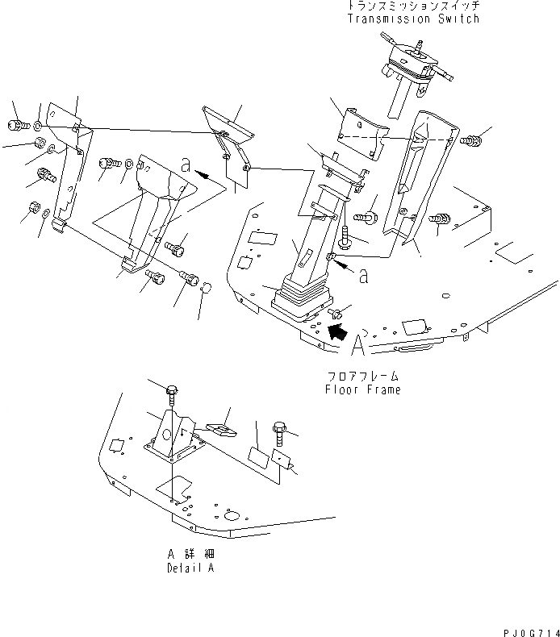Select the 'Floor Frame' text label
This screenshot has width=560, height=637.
[x=362, y=389]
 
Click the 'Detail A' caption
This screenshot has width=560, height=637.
[x=191, y=568]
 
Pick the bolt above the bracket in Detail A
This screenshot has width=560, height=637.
[x=172, y=393]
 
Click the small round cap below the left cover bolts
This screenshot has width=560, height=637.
[x=205, y=289]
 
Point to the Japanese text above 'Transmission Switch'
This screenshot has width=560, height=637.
[x=412, y=6]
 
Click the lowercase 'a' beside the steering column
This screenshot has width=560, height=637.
[x=363, y=276]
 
